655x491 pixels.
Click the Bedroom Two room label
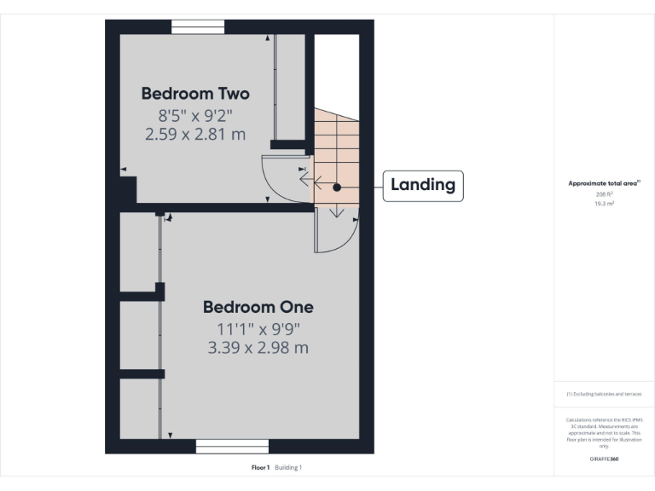[x=195, y=93]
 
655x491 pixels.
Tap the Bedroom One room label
[x=258, y=307]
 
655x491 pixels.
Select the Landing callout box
[x=423, y=184]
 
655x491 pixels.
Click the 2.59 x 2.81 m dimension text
[x=195, y=133]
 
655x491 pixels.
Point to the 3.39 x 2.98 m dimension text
[x=258, y=348]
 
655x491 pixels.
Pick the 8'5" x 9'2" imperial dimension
[x=195, y=113]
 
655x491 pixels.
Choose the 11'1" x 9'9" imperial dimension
[x=258, y=328]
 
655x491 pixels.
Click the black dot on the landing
[x=338, y=187]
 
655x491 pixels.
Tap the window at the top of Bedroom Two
[x=198, y=27]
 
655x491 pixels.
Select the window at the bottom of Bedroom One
[x=232, y=446]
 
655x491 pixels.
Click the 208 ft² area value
[x=605, y=194]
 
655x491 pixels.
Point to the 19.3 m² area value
[x=605, y=205]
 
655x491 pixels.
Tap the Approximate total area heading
[x=604, y=183]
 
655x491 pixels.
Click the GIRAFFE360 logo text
[x=604, y=459]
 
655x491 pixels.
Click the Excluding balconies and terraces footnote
[x=604, y=394]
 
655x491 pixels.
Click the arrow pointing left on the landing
[x=319, y=182]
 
